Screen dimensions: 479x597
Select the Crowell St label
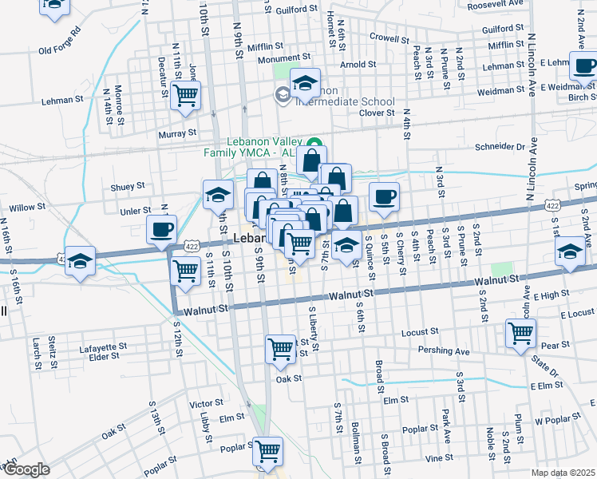pos(389,38)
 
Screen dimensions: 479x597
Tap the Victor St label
pos(206,404)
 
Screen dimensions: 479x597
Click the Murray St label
pos(176,133)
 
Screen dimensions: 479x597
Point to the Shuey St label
pos(128,186)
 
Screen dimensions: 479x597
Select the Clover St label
pos(378,113)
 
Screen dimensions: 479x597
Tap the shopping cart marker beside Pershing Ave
pos(520,331)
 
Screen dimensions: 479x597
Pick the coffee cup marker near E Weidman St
pos(583,65)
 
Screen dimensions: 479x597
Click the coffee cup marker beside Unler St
pos(163,231)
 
